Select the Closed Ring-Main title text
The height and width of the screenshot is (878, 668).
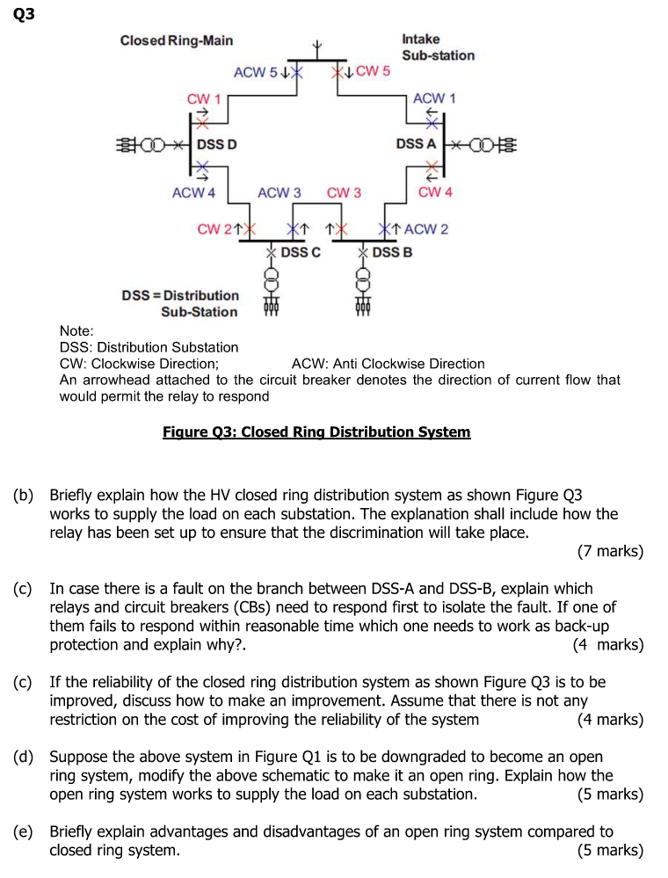pyautogui.click(x=177, y=40)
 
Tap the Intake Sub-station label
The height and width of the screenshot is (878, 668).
pyautogui.click(x=438, y=47)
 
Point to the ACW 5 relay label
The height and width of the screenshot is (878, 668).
pyautogui.click(x=255, y=72)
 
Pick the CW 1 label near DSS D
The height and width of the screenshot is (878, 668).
pyautogui.click(x=204, y=98)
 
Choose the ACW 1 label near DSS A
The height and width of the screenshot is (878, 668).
pyautogui.click(x=434, y=98)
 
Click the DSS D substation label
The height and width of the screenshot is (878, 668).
pyautogui.click(x=216, y=144)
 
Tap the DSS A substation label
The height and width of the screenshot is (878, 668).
pyautogui.click(x=416, y=143)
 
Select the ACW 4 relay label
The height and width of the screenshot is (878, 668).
pyautogui.click(x=193, y=192)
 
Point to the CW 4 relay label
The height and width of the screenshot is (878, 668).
pyautogui.click(x=435, y=192)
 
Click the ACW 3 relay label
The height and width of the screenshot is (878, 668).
pyautogui.click(x=280, y=192)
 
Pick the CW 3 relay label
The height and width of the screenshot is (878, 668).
pyautogui.click(x=344, y=192)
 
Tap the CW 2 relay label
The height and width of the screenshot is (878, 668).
pyautogui.click(x=215, y=229)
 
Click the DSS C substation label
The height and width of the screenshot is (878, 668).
pyautogui.click(x=301, y=252)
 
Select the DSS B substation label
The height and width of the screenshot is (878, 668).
pyautogui.click(x=392, y=252)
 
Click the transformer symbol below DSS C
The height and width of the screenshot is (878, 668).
pyautogui.click(x=272, y=282)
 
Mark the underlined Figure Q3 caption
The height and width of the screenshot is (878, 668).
pyautogui.click(x=316, y=432)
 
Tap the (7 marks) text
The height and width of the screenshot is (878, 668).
pyautogui.click(x=610, y=552)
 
